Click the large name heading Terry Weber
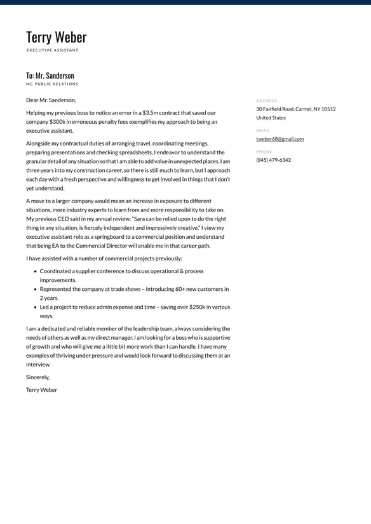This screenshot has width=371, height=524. (x=56, y=37)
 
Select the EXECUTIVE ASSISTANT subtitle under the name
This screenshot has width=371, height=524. (x=52, y=50)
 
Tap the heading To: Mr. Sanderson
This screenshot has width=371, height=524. (x=50, y=76)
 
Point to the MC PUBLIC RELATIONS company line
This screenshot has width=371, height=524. (x=52, y=84)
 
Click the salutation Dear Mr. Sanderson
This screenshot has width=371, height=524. (x=51, y=100)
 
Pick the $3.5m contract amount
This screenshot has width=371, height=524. (x=152, y=112)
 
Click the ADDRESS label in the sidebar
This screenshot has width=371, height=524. (x=266, y=101)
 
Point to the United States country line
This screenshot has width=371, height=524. (x=271, y=118)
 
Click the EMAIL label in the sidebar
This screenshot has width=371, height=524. (x=263, y=130)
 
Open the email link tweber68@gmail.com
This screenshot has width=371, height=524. (x=280, y=138)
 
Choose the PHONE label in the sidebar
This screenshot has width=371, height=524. (x=264, y=152)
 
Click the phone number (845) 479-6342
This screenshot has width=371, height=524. (x=273, y=160)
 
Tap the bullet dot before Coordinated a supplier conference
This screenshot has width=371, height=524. (x=34, y=271)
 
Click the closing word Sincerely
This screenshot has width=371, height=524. (x=37, y=377)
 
